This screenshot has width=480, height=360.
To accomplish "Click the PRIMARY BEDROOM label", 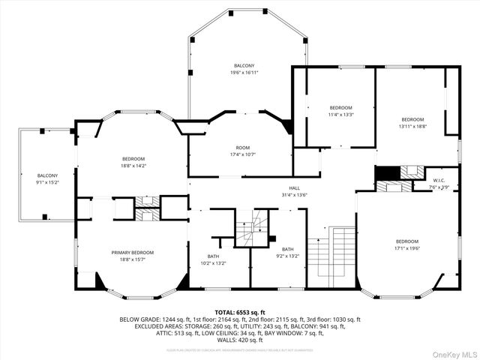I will point(133,253).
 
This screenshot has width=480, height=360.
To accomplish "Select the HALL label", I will point(294,188).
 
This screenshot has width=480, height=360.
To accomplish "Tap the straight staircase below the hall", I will point(332,255).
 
